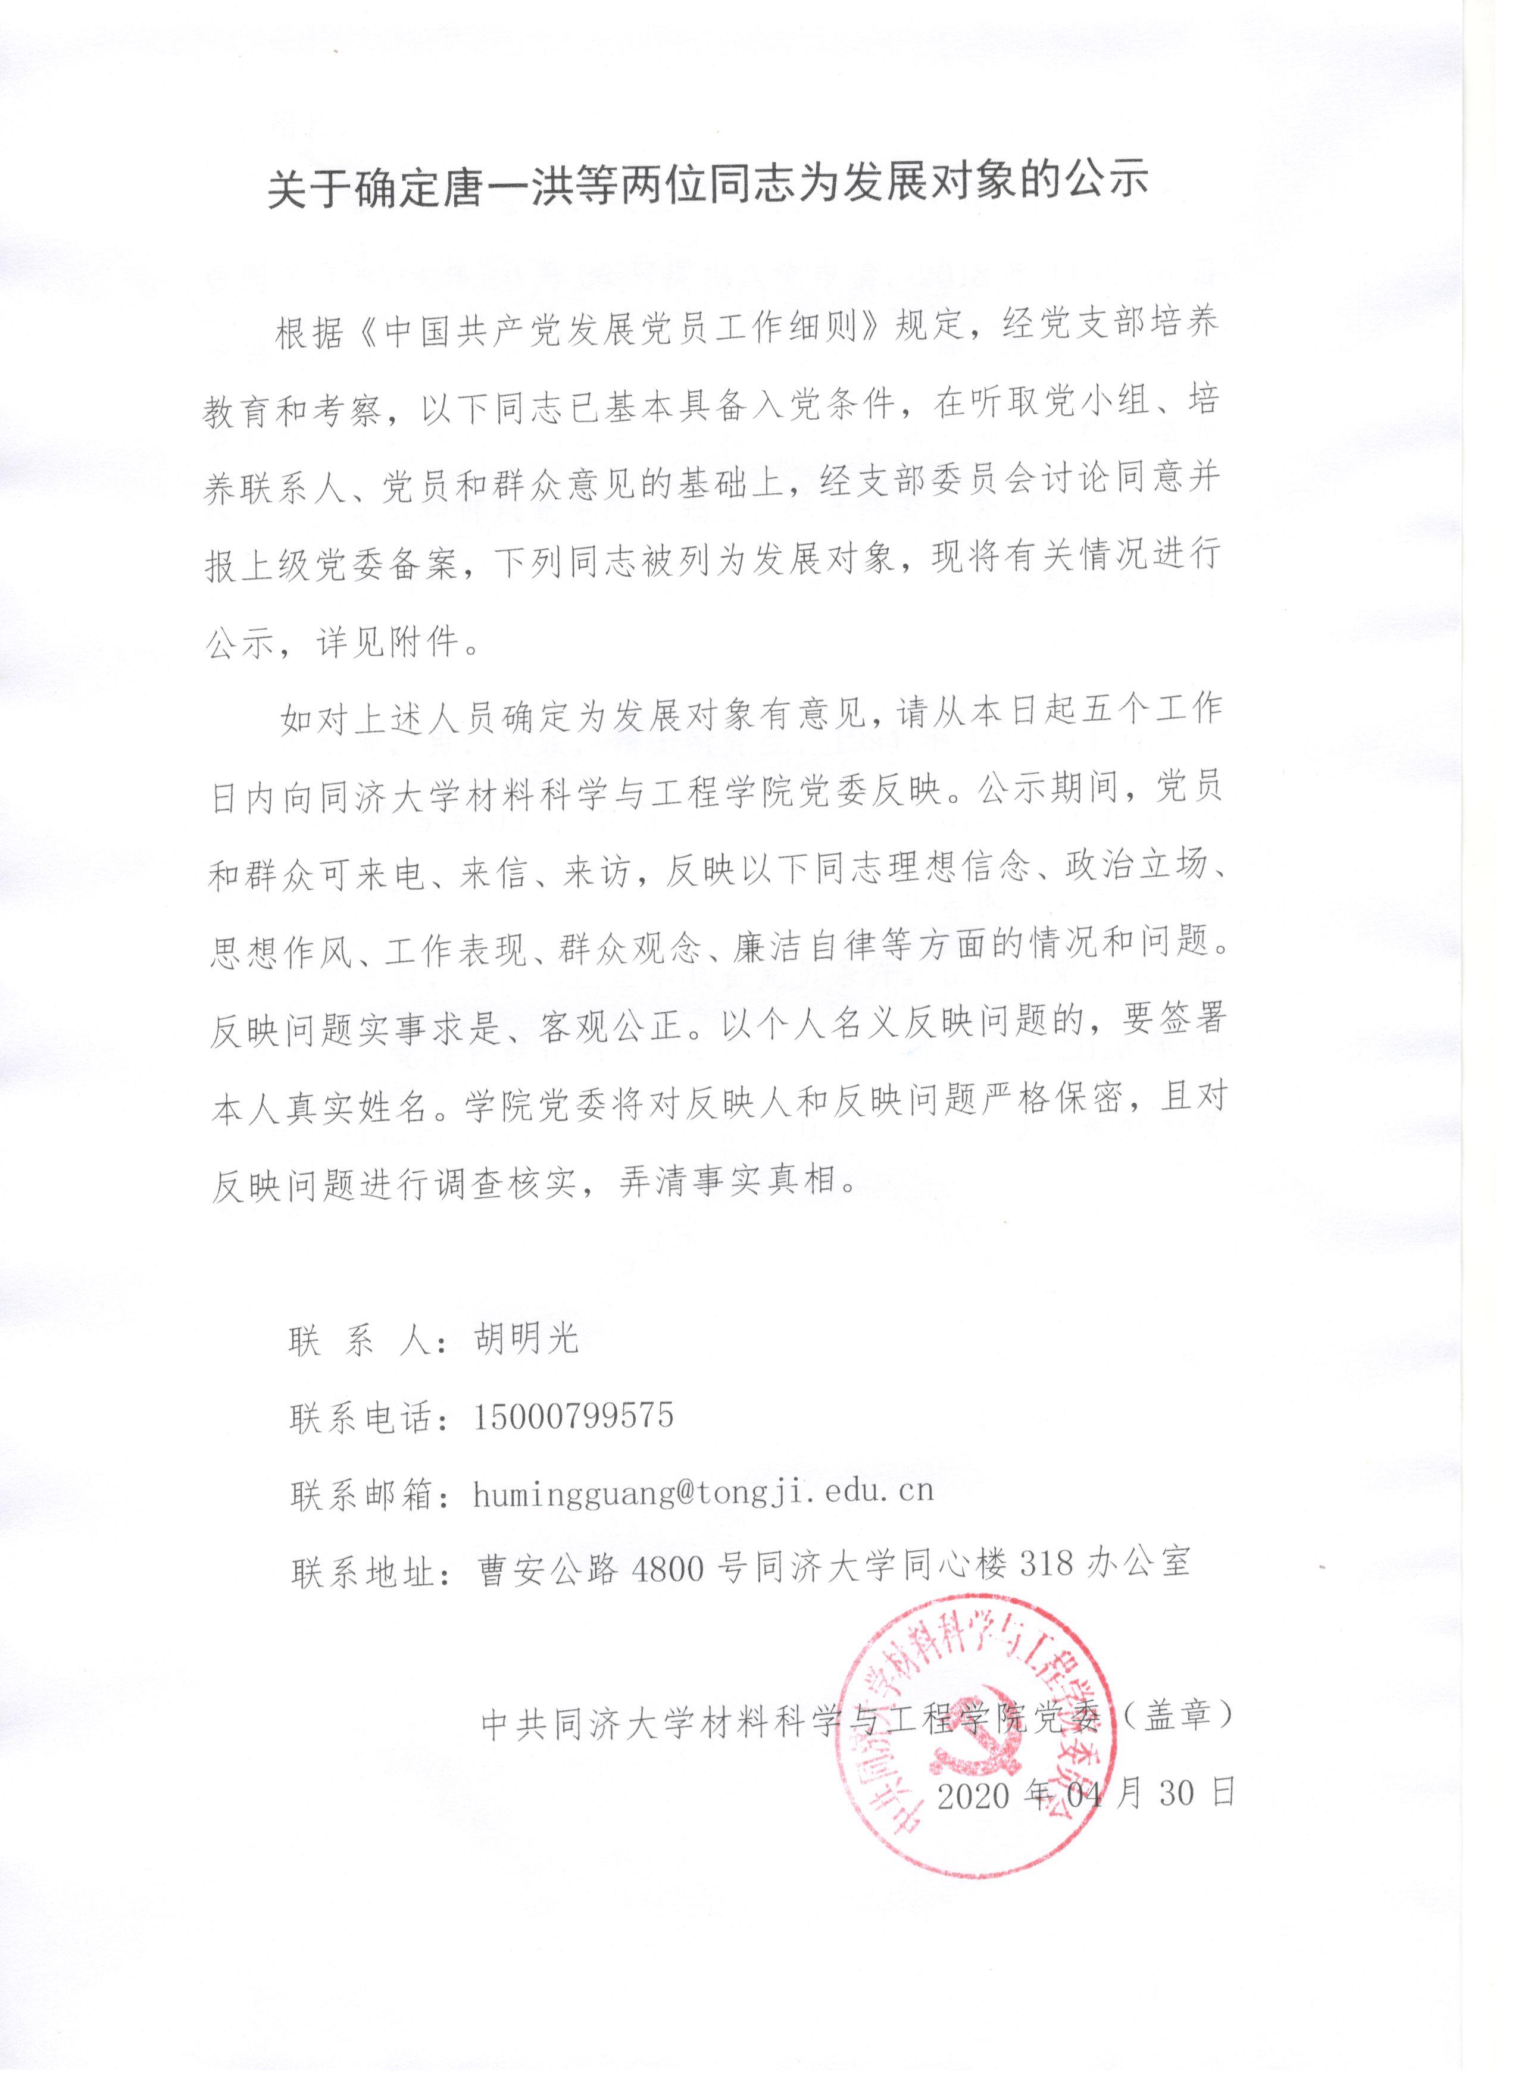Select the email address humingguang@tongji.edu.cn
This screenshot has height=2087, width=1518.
point(703,1492)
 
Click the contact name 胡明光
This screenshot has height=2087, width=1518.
point(526,1340)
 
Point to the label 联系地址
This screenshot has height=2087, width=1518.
point(364,1566)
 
